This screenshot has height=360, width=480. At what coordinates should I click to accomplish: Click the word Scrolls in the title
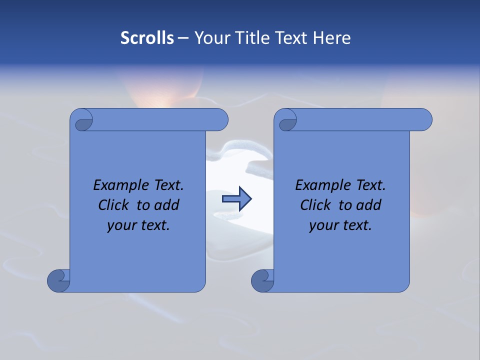147,38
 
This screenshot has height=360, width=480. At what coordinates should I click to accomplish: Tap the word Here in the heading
332,38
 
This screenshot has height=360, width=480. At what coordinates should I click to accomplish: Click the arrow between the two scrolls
236,199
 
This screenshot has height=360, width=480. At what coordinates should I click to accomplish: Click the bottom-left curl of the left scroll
58,280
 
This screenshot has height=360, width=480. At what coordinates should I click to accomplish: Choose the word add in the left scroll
167,205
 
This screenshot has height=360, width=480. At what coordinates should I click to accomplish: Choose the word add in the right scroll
369,205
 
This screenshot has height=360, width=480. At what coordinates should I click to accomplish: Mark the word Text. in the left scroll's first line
166,185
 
